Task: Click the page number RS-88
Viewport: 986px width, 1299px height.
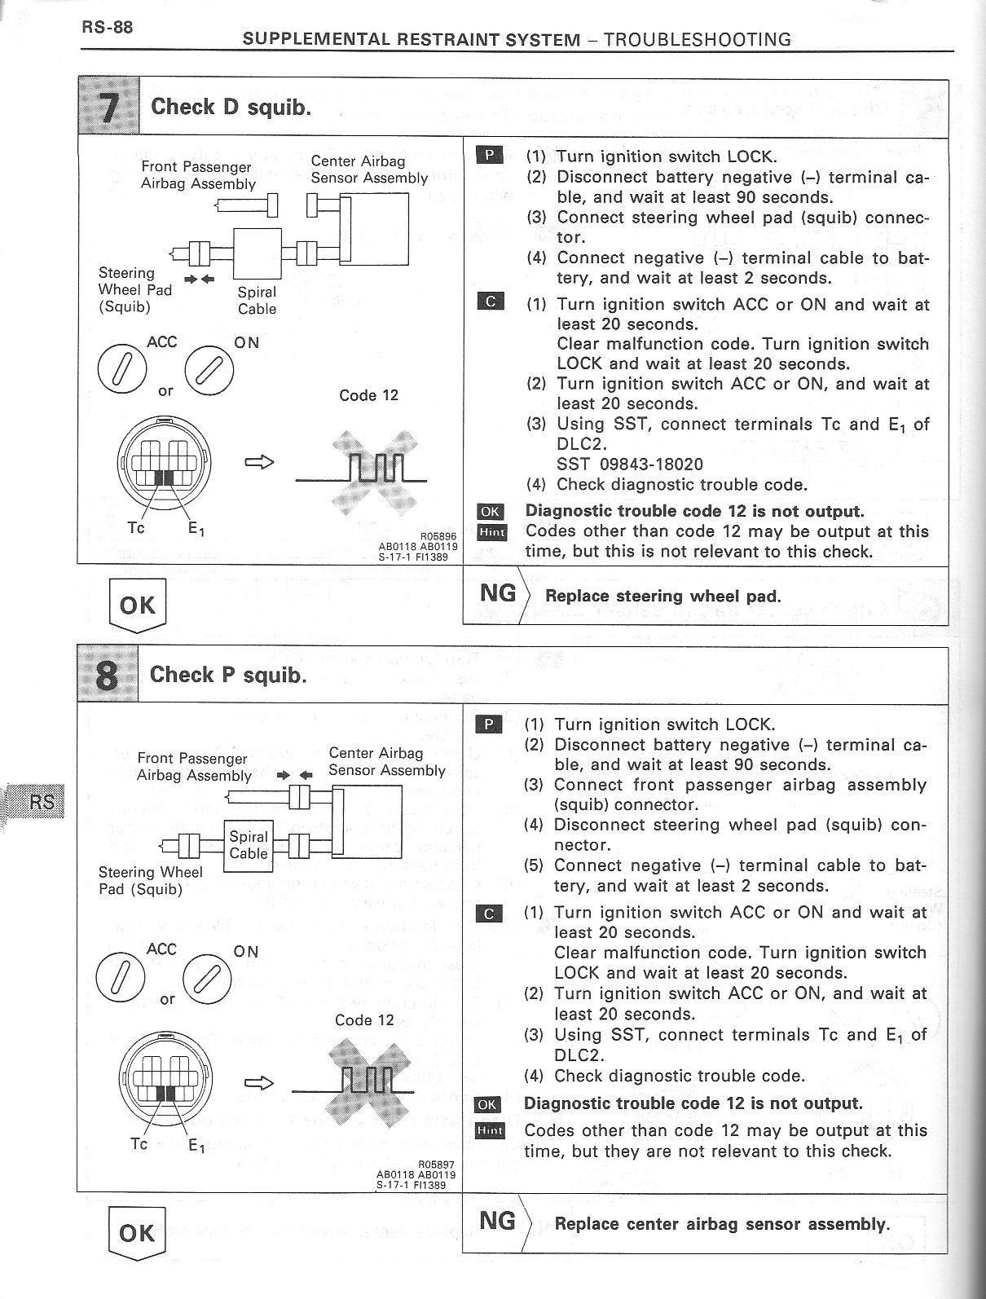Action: [107, 27]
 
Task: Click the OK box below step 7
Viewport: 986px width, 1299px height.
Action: [138, 605]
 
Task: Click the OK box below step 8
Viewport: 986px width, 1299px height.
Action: [137, 1232]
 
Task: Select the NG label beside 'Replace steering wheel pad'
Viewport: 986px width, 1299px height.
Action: [498, 593]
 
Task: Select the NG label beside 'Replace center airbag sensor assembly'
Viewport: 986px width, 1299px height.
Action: [498, 1221]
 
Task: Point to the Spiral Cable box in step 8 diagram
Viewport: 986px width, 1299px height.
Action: [248, 845]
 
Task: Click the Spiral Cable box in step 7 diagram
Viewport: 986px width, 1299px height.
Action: [258, 253]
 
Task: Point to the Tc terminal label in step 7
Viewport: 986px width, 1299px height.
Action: [136, 528]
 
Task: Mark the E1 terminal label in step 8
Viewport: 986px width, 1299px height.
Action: [196, 1146]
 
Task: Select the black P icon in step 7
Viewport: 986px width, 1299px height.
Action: [491, 155]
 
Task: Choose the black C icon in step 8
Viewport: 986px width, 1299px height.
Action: [488, 914]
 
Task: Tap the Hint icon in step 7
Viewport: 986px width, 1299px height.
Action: [491, 533]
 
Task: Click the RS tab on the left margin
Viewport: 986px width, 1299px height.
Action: [41, 803]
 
